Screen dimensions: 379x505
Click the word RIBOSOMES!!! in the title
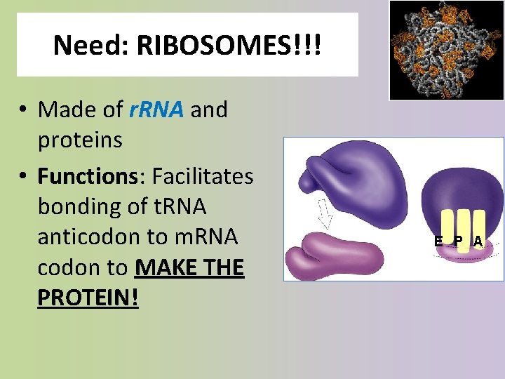click(230, 46)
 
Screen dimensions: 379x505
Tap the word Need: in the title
click(92, 46)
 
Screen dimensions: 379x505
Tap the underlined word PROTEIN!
click(88, 298)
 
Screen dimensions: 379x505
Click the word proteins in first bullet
click(80, 140)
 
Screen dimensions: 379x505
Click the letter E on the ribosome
click(438, 241)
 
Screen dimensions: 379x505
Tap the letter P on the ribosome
click(457, 241)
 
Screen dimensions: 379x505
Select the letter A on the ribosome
click(478, 241)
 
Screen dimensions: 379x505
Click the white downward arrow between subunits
click(324, 213)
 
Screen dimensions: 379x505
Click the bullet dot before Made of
click(24, 111)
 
